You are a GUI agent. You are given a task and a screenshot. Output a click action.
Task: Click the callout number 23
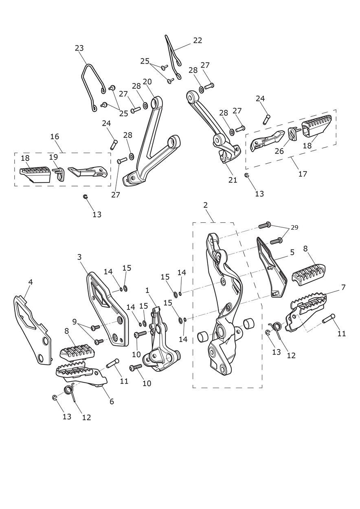[79, 48]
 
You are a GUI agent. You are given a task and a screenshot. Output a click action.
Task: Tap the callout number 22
[198, 40]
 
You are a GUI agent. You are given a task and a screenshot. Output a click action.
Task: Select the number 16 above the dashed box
[55, 136]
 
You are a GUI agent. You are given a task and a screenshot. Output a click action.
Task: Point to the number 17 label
[303, 173]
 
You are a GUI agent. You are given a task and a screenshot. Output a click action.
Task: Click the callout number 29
[294, 227]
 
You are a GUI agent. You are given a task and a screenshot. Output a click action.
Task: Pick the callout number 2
[205, 205]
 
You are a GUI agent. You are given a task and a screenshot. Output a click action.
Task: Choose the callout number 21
[233, 180]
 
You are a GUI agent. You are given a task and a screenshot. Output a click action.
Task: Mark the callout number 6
[112, 401]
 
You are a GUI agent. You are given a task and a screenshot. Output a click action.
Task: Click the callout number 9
[75, 322]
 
